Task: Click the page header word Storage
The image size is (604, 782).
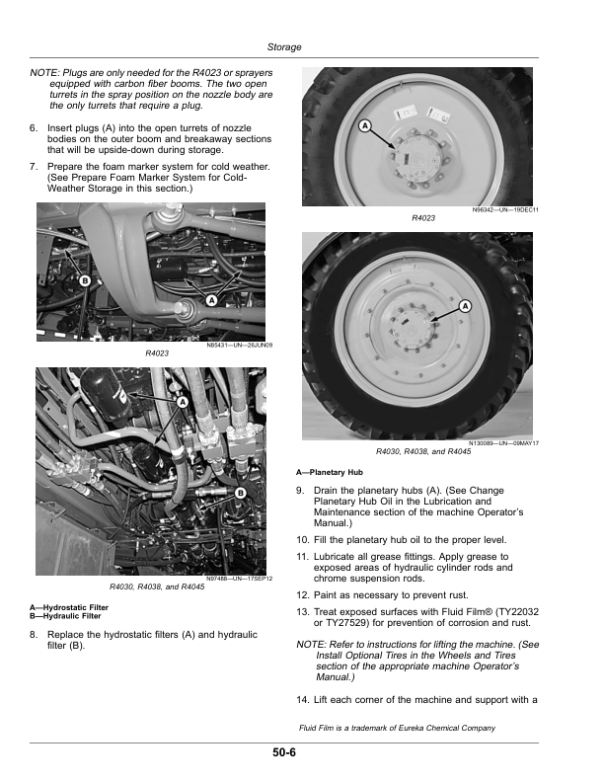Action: (284, 47)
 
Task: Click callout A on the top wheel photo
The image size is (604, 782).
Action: (364, 126)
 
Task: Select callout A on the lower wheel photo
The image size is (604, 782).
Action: (464, 306)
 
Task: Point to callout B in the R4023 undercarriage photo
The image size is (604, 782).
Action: (85, 281)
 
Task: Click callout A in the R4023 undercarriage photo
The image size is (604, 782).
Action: (211, 300)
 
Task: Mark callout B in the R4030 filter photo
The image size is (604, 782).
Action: (240, 492)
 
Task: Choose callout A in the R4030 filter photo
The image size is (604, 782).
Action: (183, 402)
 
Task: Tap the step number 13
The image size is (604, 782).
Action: (302, 613)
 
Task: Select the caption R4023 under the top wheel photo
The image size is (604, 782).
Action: (423, 218)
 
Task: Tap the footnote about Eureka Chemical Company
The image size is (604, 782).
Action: (396, 729)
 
